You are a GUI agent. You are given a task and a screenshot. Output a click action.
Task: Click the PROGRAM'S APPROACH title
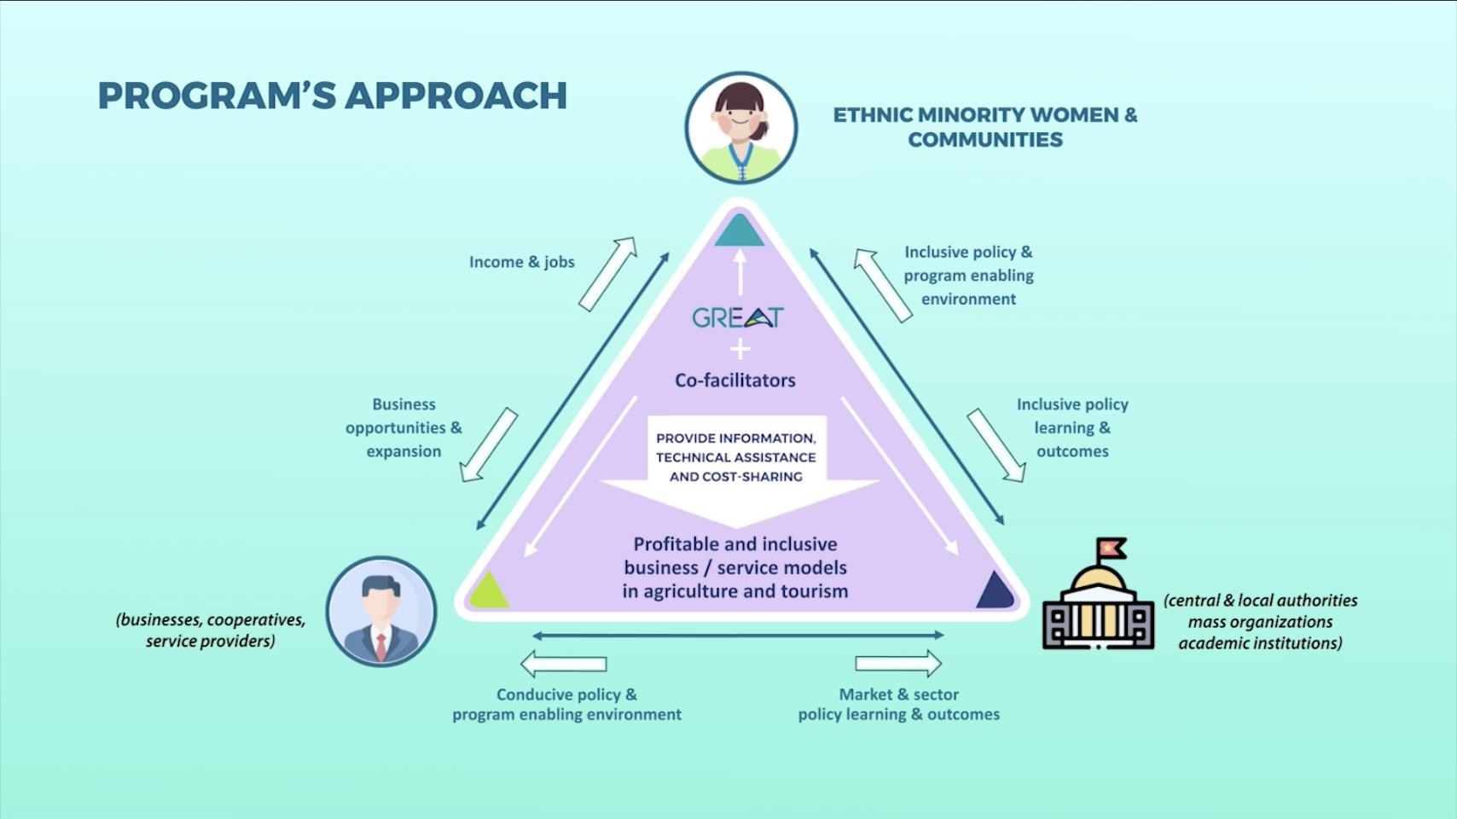click(x=332, y=96)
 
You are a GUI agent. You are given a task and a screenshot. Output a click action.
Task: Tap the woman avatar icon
click(x=740, y=128)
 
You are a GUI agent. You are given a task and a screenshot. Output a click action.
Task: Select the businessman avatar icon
click(x=380, y=612)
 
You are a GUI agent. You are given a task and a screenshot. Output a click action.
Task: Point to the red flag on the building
click(x=1111, y=546)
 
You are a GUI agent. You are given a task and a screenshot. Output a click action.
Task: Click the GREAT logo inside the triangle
click(x=737, y=317)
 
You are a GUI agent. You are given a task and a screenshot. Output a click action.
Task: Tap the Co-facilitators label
click(x=734, y=380)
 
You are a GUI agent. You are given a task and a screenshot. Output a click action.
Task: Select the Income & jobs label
click(x=521, y=262)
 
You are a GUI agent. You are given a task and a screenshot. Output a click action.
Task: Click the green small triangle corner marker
click(x=488, y=590)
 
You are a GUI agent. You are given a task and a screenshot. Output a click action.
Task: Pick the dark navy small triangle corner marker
click(x=994, y=590)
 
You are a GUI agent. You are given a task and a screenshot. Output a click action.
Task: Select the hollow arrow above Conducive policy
click(x=563, y=664)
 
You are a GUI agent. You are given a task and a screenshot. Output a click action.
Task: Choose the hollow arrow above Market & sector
click(x=898, y=664)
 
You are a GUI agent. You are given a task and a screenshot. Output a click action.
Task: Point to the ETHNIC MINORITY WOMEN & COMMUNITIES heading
click(x=985, y=127)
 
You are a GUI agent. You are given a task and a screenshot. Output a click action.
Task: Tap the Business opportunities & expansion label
click(x=403, y=427)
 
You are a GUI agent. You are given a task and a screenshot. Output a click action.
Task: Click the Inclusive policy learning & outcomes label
click(x=1072, y=427)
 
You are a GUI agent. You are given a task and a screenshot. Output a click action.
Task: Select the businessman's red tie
click(x=380, y=647)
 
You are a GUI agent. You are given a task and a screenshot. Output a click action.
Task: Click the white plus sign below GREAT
click(x=740, y=349)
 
